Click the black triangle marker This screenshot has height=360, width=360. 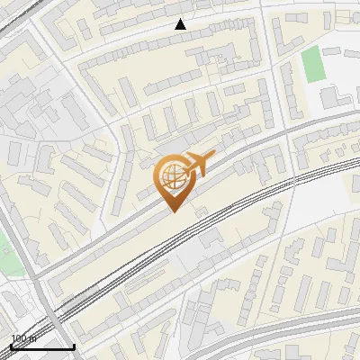(x=180, y=24)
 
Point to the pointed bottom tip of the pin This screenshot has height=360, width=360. (x=172, y=212)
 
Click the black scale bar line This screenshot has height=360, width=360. (x=42, y=346)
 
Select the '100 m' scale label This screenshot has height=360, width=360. (x=23, y=338)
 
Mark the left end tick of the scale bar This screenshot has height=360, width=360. (x=11, y=345)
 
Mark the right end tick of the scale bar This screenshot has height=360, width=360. (x=74, y=345)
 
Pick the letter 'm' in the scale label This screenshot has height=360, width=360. (x=32, y=338)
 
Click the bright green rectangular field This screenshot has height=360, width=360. (x=311, y=64)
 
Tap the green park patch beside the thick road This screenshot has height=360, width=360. (x=4, y=252)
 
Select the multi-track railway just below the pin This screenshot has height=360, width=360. (x=216, y=225)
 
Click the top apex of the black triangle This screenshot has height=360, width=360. (x=180, y=19)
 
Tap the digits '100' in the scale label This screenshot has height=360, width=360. (x=19, y=338)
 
